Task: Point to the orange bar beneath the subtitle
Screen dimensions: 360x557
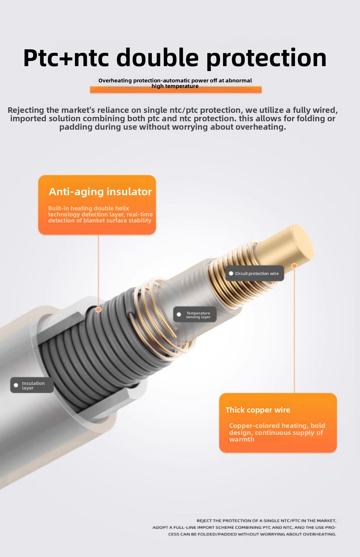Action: tap(176, 90)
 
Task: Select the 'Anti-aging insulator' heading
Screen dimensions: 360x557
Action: tap(100, 191)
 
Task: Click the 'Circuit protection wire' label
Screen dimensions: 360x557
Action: tap(255, 273)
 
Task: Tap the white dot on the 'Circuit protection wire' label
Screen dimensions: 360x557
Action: tap(231, 274)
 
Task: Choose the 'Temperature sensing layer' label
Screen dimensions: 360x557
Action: tap(195, 314)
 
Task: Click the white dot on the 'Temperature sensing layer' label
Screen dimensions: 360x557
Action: tap(179, 314)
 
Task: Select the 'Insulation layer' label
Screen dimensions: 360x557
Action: tap(32, 385)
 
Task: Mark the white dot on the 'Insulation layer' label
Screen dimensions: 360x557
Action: tap(16, 385)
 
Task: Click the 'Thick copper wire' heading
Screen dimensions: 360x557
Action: tap(258, 410)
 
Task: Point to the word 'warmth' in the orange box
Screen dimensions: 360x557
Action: tap(242, 439)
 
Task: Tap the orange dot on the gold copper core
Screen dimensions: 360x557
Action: tap(294, 266)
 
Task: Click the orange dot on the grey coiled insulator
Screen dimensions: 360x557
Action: tap(98, 310)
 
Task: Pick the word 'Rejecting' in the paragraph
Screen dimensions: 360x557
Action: tap(26, 110)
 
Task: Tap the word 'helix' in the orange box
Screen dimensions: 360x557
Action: tap(122, 208)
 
